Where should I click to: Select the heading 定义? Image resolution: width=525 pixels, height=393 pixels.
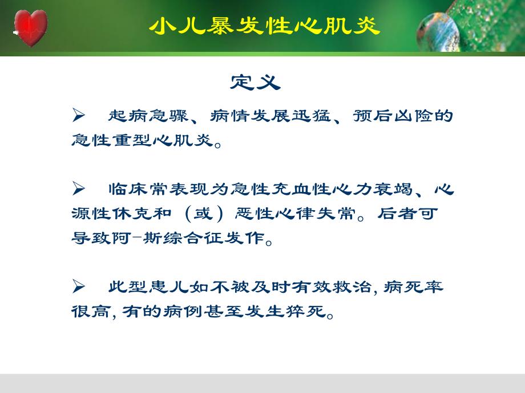point(256,83)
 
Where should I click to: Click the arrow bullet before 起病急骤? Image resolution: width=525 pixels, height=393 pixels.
point(79,116)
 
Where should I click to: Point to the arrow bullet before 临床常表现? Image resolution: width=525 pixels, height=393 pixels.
point(79,189)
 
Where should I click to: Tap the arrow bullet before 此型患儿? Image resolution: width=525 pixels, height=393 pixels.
point(79,286)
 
